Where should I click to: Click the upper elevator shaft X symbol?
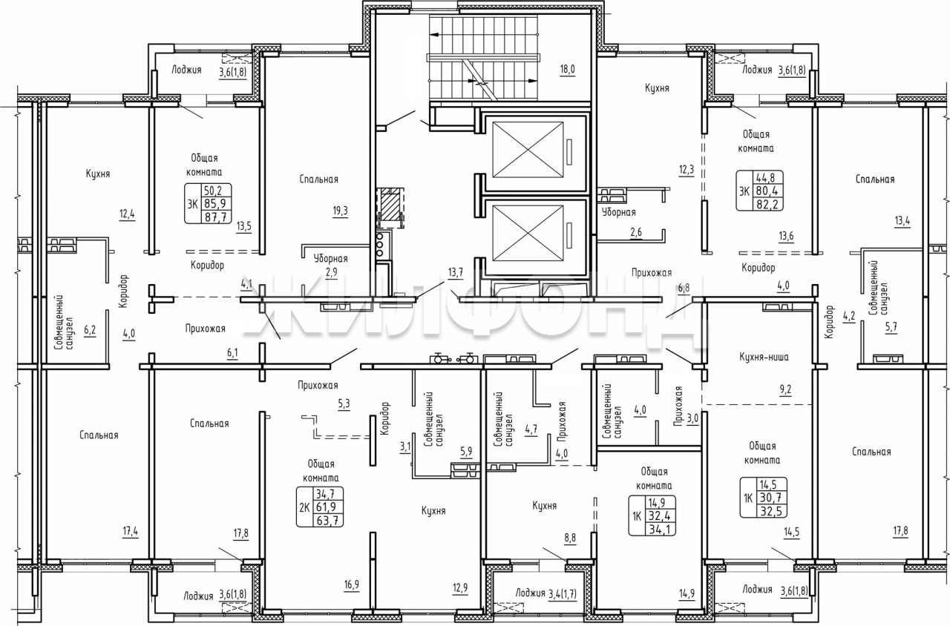click(x=528, y=150)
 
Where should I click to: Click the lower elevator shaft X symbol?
click(x=528, y=233)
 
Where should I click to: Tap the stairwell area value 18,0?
click(x=567, y=70)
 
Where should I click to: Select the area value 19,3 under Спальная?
click(x=340, y=211)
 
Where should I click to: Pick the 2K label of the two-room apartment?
click(x=304, y=507)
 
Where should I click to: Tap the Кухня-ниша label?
click(x=764, y=357)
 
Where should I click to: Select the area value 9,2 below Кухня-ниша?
click(x=785, y=389)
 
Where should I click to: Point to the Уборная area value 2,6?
click(x=636, y=232)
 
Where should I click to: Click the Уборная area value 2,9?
click(x=331, y=272)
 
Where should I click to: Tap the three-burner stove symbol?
click(x=380, y=245)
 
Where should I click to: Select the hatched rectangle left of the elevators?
click(x=390, y=205)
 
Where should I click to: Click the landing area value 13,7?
click(x=456, y=272)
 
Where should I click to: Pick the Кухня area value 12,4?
click(x=127, y=214)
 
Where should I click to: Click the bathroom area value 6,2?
click(x=90, y=331)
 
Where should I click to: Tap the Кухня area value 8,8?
click(x=570, y=538)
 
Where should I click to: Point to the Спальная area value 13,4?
click(x=902, y=221)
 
